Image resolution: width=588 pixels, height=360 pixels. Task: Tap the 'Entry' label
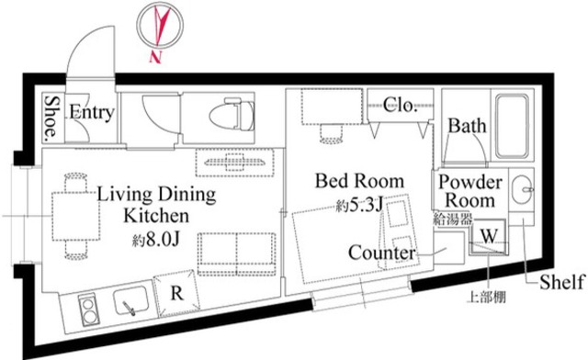(x=92, y=114)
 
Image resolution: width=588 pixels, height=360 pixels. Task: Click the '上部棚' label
(x=485, y=298)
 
